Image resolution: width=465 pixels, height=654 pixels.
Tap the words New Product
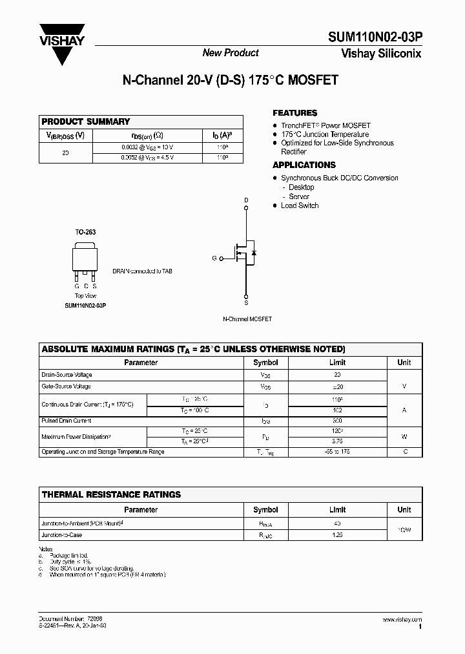coord(231,53)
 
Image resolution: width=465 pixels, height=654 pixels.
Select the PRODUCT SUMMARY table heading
coord(86,121)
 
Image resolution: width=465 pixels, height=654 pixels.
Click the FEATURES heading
coord(295,112)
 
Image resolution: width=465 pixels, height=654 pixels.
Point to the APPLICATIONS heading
coord(304,165)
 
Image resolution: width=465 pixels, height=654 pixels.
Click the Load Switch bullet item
coord(300,206)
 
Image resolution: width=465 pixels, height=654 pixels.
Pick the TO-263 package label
coord(85,231)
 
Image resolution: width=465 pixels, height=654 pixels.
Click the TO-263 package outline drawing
coord(85,260)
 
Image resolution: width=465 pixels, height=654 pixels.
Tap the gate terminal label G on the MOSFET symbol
coord(214,258)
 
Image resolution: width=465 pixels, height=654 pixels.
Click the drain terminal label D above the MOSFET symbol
coord(245,200)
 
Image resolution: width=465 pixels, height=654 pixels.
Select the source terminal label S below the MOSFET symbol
coord(245,302)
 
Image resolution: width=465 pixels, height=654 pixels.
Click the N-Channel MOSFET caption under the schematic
coord(247,319)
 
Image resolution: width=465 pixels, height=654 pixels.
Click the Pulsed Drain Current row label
coord(67,421)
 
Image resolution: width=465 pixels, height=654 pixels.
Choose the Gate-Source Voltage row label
coord(67,386)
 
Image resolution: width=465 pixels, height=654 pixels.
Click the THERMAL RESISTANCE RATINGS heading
coord(111,494)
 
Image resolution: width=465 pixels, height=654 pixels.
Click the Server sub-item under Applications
coord(299,196)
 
